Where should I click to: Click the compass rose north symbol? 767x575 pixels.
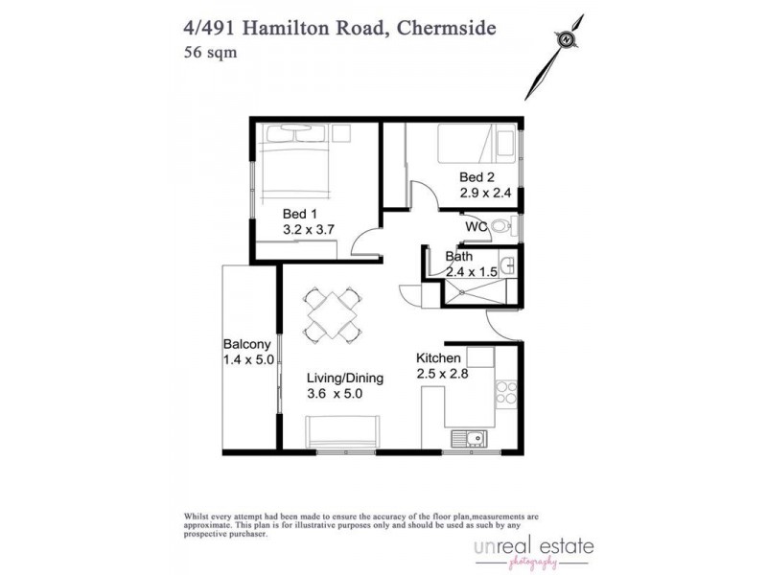[x=568, y=38]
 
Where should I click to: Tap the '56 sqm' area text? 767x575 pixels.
[x=210, y=53]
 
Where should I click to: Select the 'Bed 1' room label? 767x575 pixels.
[x=299, y=214]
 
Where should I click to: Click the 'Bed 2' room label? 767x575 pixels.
[x=476, y=176]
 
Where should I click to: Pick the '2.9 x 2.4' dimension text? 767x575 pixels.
[x=487, y=193]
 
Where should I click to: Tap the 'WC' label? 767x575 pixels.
[x=476, y=227]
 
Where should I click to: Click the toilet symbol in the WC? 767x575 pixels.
[x=506, y=227]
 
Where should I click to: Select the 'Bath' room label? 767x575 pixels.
[x=459, y=257]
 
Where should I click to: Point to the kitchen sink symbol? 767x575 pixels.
[x=470, y=439]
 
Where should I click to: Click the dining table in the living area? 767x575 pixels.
[x=333, y=314]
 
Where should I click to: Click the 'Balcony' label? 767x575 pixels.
[x=247, y=344]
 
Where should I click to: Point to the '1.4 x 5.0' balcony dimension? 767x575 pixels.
[x=248, y=360]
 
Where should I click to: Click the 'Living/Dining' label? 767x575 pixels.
[x=344, y=378]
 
